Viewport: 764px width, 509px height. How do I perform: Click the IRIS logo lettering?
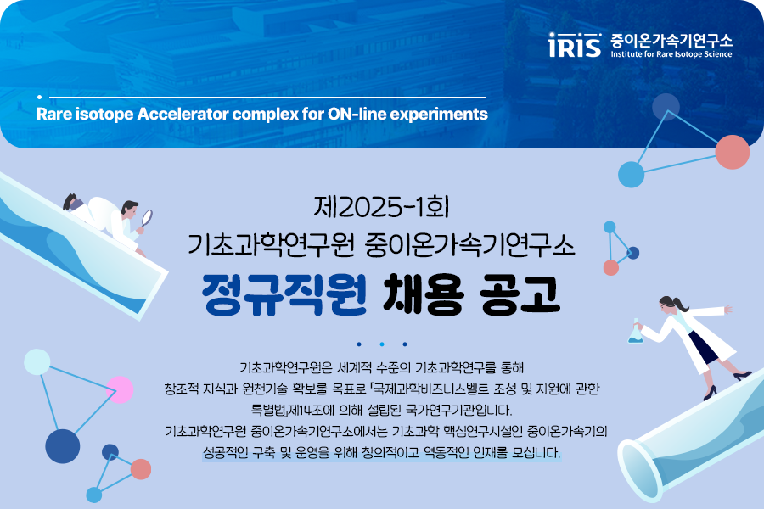point(575,45)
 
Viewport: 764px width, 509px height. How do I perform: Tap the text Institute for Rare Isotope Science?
point(671,54)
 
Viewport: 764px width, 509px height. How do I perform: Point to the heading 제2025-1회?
point(381,206)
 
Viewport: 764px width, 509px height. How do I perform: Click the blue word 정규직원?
point(284,294)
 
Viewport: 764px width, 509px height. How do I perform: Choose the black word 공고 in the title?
point(520,294)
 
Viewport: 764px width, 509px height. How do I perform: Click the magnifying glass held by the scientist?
point(146,218)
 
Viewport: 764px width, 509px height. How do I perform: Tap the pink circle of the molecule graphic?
point(120,389)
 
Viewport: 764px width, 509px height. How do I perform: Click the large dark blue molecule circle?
point(62,446)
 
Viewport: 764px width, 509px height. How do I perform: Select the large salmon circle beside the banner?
point(733,152)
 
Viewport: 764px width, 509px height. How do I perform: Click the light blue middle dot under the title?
point(382,344)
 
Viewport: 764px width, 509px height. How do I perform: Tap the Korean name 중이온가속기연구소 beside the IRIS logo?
point(671,40)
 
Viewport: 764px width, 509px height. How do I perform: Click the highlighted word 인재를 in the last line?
point(491,452)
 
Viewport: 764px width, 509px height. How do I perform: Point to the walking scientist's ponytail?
point(680,304)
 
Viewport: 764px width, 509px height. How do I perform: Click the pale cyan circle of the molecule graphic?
point(37,362)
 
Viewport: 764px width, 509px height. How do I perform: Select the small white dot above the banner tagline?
point(39,98)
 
